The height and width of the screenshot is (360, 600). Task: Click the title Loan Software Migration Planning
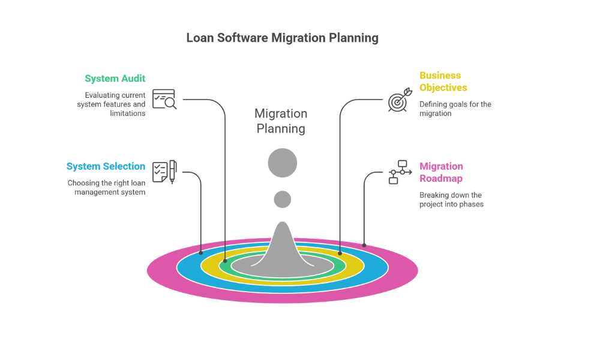point(282,38)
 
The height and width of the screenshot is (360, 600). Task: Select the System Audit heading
point(115,79)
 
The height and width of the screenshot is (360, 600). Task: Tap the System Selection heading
point(106,166)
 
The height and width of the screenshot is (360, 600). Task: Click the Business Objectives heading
point(443,82)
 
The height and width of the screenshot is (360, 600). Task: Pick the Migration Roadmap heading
point(441,172)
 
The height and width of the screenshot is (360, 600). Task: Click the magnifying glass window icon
point(164,99)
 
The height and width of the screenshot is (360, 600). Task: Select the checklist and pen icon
point(164,172)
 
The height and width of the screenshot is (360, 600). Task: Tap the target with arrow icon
point(400,100)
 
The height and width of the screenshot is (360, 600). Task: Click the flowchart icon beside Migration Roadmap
point(400,172)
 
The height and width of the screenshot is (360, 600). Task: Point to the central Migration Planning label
point(281,121)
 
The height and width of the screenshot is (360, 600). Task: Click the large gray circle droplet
point(283,163)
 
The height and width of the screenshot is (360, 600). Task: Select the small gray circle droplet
point(283,199)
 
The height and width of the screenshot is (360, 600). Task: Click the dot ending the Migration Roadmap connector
point(364,245)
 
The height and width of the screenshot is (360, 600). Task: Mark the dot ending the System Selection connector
point(201,253)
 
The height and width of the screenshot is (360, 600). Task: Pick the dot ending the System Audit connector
point(225,261)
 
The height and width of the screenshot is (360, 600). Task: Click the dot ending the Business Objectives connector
point(340,253)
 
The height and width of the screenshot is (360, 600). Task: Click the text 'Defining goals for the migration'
point(455,109)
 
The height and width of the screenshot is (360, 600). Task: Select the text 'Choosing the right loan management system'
point(106,188)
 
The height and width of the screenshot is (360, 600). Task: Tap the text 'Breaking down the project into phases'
point(451,200)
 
